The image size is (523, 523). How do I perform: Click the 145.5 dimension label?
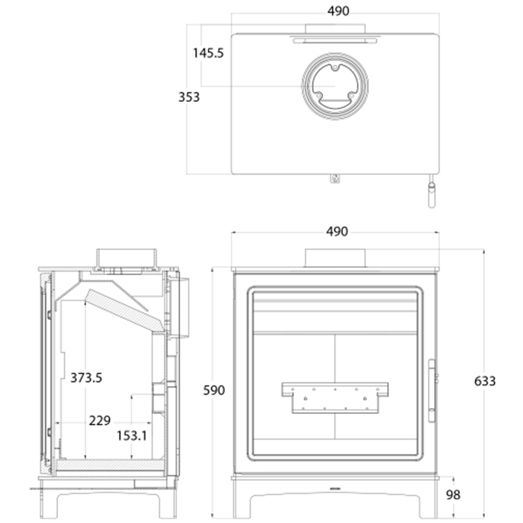click(x=208, y=53)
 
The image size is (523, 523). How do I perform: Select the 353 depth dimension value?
click(x=189, y=97)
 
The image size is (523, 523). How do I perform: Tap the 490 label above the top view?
click(x=338, y=11)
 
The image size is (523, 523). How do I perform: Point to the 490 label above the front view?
click(x=337, y=232)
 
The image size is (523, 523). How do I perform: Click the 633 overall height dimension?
click(x=485, y=381)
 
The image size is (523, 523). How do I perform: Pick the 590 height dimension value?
click(x=214, y=390)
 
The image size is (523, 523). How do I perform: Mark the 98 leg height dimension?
click(x=453, y=495)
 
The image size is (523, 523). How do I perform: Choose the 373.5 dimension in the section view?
click(x=86, y=378)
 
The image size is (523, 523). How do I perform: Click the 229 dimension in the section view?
click(x=100, y=420)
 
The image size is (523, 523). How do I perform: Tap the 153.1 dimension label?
click(x=132, y=436)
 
